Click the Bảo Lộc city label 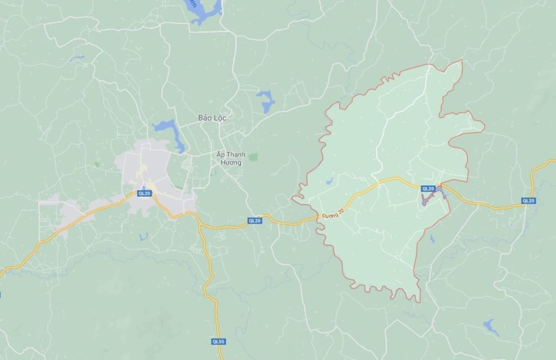tap(212, 118)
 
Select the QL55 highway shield tap(218, 341)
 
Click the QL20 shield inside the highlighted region tap(428, 188)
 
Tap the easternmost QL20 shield tap(528, 201)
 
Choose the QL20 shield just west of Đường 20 tap(255, 221)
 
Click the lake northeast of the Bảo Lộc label tap(266, 101)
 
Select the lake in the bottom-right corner tap(491, 327)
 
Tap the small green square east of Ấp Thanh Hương tap(253, 157)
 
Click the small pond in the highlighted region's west tap(329, 182)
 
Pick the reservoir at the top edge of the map tap(204, 12)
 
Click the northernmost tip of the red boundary tap(461, 60)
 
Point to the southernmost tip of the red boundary tap(418, 302)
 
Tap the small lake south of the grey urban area tap(144, 236)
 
